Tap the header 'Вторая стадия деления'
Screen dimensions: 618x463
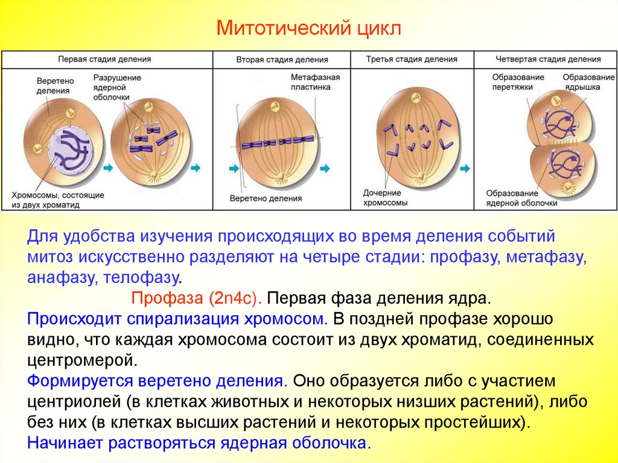(282, 60)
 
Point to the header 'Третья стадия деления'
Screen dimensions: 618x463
(412, 59)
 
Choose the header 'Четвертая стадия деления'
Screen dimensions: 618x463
(548, 59)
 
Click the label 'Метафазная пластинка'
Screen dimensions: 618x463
(315, 82)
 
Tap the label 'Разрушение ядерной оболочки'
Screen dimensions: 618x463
(117, 88)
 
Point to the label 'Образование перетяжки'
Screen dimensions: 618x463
(518, 82)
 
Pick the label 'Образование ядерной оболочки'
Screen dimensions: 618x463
(521, 198)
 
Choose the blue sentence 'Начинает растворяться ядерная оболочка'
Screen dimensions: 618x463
(197, 442)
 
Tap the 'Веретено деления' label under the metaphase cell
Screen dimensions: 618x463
(266, 198)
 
